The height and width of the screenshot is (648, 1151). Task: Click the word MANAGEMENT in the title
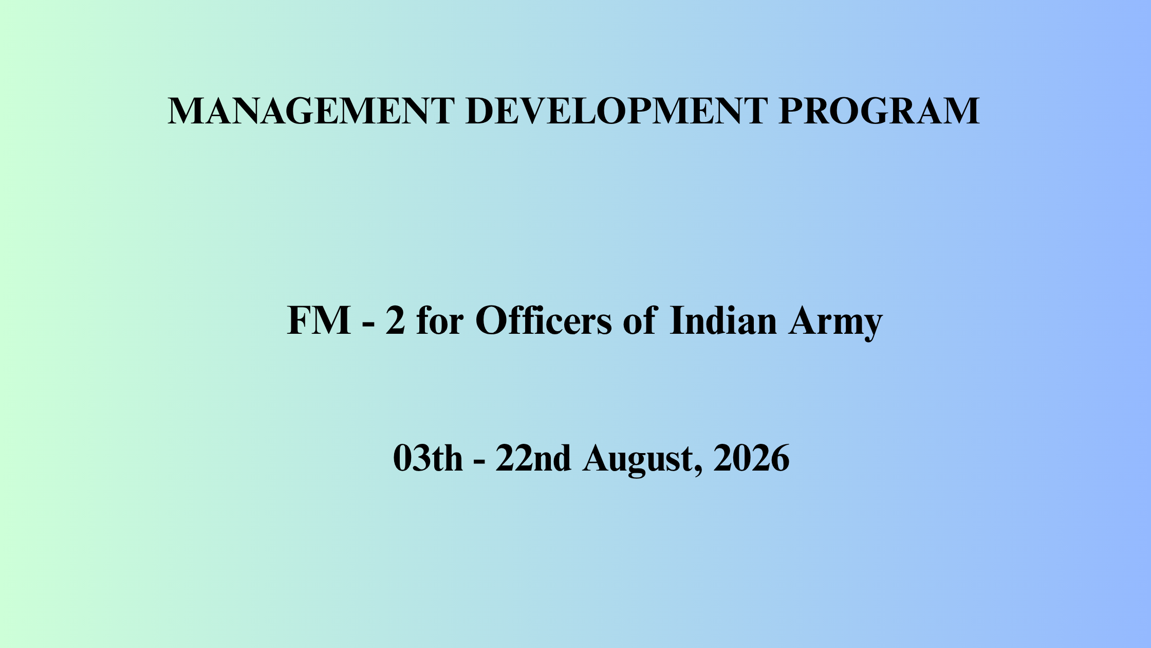point(311,111)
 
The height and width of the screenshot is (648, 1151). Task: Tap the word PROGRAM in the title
point(879,111)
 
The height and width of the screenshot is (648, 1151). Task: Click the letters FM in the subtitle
point(319,321)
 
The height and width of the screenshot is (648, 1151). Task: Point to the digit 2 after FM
point(395,321)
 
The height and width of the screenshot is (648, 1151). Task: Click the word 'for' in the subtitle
point(440,320)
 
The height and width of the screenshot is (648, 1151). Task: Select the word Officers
point(544,320)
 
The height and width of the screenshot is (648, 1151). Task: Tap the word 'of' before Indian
point(640,320)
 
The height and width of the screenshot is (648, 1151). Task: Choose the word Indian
point(723,320)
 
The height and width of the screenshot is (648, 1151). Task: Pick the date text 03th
point(428,458)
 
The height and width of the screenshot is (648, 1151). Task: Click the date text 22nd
point(533,458)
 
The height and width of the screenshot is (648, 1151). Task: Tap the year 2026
point(751,458)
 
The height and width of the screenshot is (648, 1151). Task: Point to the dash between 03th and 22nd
point(479,462)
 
